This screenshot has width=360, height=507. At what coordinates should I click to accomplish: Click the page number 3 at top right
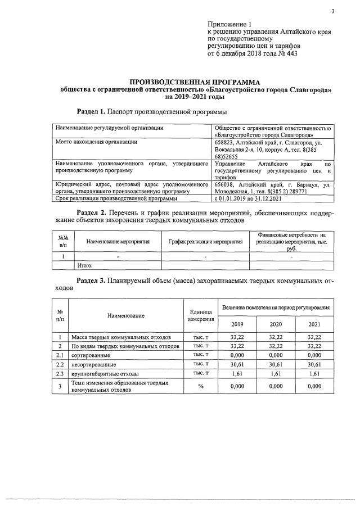(332, 11)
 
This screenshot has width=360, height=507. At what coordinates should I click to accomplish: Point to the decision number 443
(291, 54)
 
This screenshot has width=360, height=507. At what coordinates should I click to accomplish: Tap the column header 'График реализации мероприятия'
(205, 241)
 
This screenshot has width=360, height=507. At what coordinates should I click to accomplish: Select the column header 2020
(276, 324)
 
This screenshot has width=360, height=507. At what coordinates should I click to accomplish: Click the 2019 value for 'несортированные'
(237, 364)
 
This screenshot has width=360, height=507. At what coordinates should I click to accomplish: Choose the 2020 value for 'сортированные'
(276, 355)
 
